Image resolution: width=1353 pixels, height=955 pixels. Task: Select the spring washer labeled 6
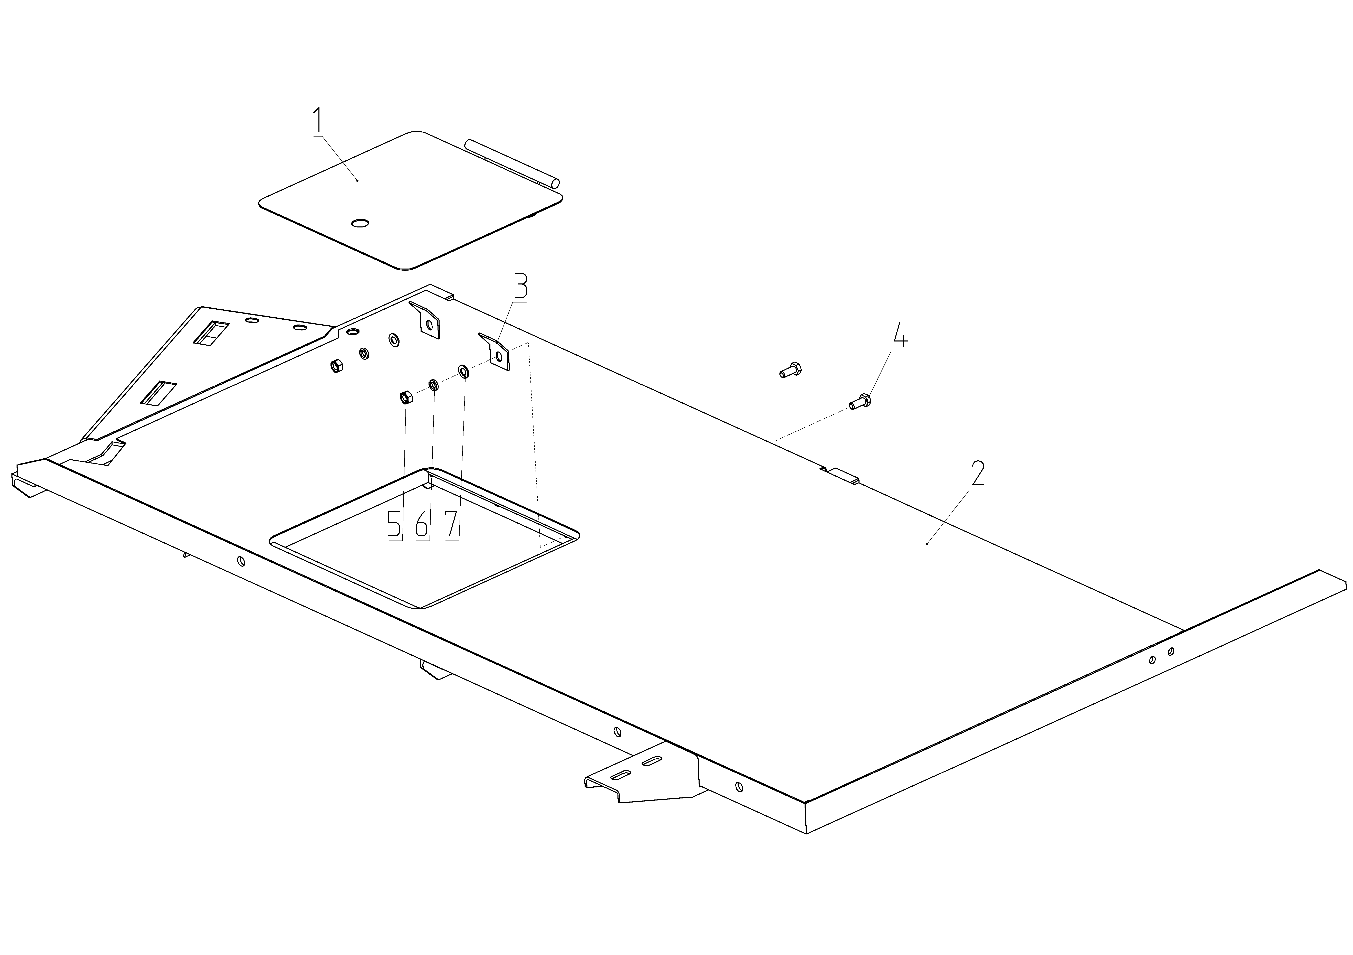[433, 385]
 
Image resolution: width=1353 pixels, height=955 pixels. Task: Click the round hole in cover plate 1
[360, 223]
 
